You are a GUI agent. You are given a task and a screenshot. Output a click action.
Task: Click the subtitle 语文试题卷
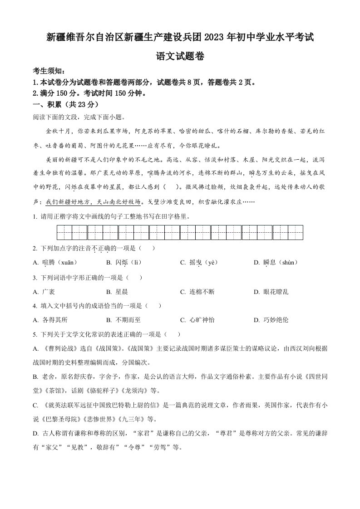(x=180, y=57)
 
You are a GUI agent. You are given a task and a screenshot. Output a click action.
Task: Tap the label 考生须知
(x=49, y=71)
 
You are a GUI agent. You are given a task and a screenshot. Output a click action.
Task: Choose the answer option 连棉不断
(x=202, y=291)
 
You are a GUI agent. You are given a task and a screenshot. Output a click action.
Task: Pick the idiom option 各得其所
(x=54, y=320)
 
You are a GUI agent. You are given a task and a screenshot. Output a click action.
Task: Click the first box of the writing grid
(x=64, y=232)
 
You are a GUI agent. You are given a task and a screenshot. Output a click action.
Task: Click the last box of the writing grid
(x=296, y=232)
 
